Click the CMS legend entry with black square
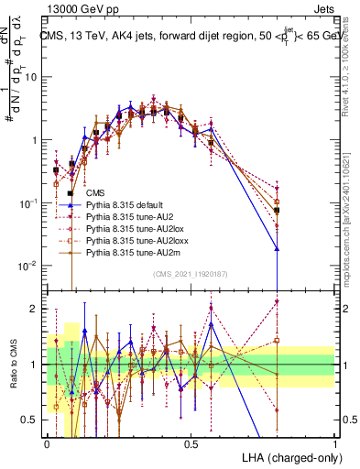(x=95, y=193)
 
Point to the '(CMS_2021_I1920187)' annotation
(x=190, y=273)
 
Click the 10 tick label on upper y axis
(x=32, y=77)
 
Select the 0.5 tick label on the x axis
(x=191, y=442)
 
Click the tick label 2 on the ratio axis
(x=37, y=308)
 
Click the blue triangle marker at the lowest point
(x=277, y=248)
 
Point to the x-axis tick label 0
(x=47, y=442)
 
